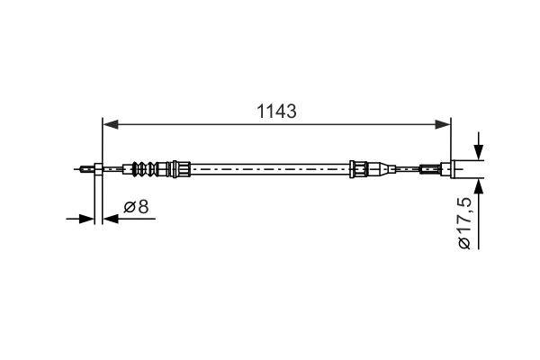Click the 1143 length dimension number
point(277,112)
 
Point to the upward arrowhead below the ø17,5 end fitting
point(478,184)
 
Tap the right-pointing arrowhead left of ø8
point(88,217)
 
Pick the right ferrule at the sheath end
point(358,167)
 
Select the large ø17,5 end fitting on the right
point(467,167)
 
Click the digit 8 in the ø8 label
point(143,207)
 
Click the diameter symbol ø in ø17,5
point(463,243)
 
